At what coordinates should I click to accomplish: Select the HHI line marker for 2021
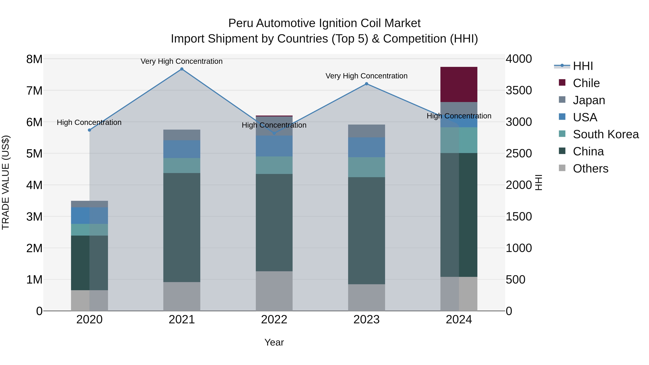(x=182, y=69)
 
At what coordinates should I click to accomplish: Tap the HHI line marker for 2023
(x=366, y=84)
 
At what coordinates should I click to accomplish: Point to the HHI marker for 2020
(x=89, y=130)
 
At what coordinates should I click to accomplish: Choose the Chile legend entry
(x=586, y=83)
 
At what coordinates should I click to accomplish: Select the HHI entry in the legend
(x=582, y=66)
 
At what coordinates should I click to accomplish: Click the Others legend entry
(x=590, y=169)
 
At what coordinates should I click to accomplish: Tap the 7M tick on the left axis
(x=34, y=91)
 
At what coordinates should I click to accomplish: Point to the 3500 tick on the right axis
(x=519, y=90)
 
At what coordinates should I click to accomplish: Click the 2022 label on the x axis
(x=274, y=320)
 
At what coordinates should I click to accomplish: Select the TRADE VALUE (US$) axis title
(x=6, y=182)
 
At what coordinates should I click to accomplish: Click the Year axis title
(x=274, y=342)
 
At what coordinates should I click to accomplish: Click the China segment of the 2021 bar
(x=182, y=227)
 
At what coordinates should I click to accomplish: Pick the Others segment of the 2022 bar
(x=274, y=291)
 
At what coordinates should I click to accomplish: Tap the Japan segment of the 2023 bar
(x=366, y=131)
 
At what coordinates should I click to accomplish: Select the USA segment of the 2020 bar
(x=89, y=216)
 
